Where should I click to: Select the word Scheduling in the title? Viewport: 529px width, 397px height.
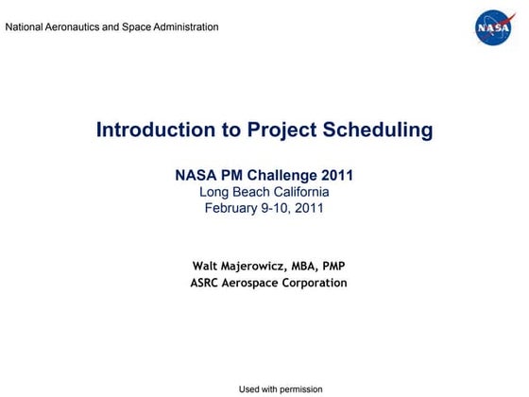(x=378, y=129)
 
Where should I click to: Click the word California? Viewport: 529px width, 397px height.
(x=300, y=192)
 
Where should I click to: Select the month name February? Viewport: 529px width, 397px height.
(x=231, y=208)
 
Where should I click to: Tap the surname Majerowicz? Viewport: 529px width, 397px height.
(x=260, y=266)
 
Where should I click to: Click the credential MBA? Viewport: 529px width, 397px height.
(x=314, y=266)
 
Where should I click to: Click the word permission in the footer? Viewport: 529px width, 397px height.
(x=299, y=389)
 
